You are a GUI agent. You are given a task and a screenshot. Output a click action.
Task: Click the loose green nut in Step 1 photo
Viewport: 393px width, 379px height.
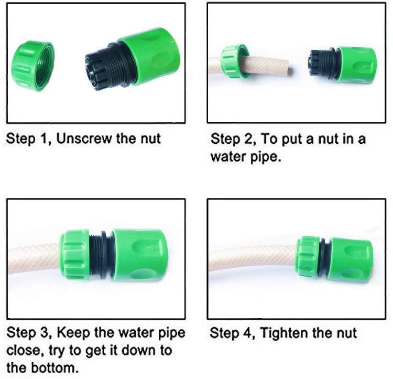[32, 62]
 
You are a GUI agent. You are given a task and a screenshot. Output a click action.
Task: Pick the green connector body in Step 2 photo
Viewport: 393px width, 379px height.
[356, 65]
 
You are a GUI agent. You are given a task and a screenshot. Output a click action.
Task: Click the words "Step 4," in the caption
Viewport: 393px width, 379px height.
[233, 333]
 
